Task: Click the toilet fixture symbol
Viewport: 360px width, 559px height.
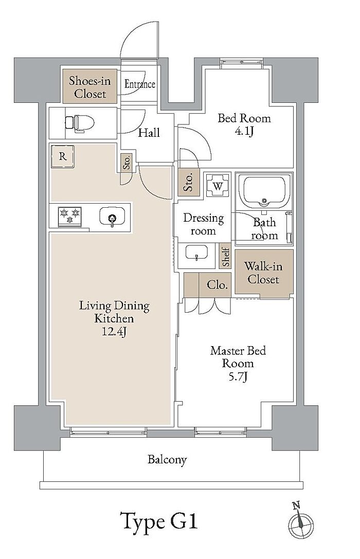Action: (79, 123)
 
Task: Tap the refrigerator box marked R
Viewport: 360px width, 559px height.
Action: (63, 156)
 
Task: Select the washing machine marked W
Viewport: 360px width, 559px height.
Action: (218, 185)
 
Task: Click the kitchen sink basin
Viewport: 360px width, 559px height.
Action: (112, 217)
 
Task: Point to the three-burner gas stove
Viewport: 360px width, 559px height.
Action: (70, 217)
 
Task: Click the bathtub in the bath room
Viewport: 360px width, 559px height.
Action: (264, 191)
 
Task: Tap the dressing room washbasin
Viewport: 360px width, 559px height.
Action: (196, 253)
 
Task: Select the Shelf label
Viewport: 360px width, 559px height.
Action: (226, 256)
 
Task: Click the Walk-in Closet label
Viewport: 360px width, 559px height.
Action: (263, 273)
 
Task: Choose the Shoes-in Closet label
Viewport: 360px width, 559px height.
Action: (90, 87)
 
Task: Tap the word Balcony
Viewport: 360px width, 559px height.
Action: (167, 459)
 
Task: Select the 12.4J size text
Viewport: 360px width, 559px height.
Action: (114, 332)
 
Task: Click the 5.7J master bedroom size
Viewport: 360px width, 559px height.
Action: (238, 376)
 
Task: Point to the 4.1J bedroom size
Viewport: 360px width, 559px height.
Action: (244, 131)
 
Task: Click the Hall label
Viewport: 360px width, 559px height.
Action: (149, 133)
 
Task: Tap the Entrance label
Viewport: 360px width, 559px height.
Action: (140, 84)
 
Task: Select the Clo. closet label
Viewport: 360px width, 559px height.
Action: (217, 285)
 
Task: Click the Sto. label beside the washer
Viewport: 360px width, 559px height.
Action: (189, 182)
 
